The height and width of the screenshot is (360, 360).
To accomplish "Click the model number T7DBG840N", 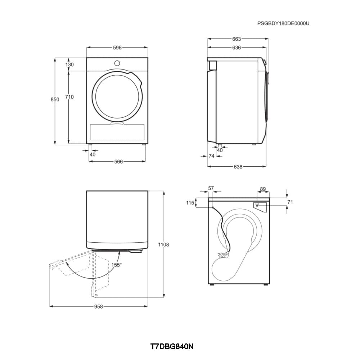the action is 172,346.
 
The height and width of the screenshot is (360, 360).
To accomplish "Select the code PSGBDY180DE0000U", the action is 283,23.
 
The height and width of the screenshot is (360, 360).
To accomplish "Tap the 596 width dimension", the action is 117,48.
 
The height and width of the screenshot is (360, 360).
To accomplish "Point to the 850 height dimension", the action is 55,99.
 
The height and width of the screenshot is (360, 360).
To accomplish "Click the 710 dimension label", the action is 69,97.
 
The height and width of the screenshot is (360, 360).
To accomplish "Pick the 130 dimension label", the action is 69,64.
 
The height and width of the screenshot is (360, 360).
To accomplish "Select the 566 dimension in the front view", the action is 118,162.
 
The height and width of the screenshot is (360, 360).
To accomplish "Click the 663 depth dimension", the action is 237,39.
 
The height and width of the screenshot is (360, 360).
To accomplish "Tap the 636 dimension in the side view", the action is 237,48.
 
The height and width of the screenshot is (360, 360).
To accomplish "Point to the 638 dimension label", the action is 238,167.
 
